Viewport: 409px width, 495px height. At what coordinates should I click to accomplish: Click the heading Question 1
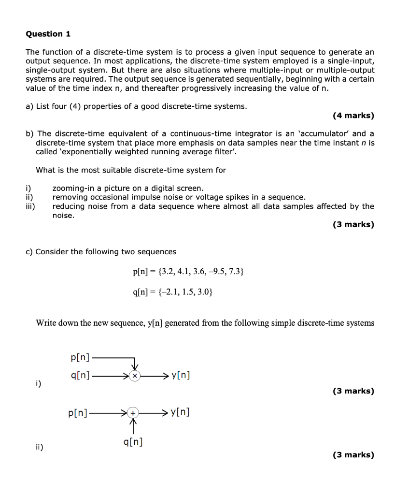pyautogui.click(x=48, y=34)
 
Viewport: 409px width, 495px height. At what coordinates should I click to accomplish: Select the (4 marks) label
pyautogui.click(x=353, y=116)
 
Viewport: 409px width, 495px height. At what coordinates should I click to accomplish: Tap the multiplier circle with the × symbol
pyautogui.click(x=136, y=376)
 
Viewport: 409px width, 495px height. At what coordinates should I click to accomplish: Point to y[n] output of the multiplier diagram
pyautogui.click(x=180, y=375)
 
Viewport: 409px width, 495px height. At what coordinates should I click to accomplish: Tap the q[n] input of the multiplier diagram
pyautogui.click(x=80, y=376)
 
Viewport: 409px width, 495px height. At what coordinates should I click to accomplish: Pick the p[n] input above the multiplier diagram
pyautogui.click(x=80, y=358)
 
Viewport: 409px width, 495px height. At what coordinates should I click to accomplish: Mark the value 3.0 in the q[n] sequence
pyautogui.click(x=204, y=292)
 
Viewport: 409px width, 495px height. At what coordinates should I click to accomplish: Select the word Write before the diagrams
pyautogui.click(x=47, y=323)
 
